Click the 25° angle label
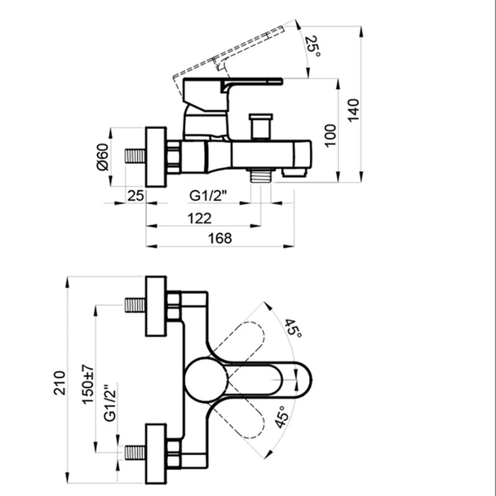(x=312, y=46)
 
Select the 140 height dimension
(x=354, y=110)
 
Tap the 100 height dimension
(x=330, y=135)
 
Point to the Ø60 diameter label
(x=103, y=157)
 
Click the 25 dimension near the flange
(x=135, y=196)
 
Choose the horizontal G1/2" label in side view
(x=209, y=196)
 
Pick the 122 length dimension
(x=199, y=219)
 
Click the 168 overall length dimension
(x=219, y=238)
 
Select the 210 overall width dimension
(x=60, y=383)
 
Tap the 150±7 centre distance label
(x=88, y=384)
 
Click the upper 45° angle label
(x=293, y=328)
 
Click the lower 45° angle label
(x=281, y=418)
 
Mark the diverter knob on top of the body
(x=261, y=126)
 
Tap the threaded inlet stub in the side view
(x=135, y=157)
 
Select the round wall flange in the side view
(x=156, y=157)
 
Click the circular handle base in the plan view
(x=206, y=379)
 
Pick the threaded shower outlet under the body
(x=261, y=175)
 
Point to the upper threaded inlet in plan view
(x=135, y=305)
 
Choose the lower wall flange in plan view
(x=156, y=454)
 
